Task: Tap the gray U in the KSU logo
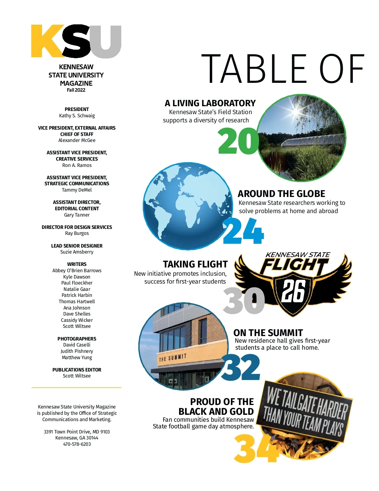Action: [x=106, y=41]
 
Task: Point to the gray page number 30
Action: [x=244, y=301]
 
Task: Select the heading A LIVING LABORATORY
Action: [x=210, y=103]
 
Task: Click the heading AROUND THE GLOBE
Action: [x=281, y=193]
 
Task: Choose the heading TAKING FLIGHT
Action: [x=195, y=264]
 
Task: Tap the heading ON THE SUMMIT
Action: [x=268, y=333]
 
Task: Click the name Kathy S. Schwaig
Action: [x=77, y=116]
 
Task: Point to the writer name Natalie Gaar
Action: [x=77, y=289]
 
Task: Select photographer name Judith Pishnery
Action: [x=77, y=351]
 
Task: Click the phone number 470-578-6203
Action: [x=77, y=444]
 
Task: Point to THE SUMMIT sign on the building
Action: [x=173, y=358]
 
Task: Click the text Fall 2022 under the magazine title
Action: [x=76, y=90]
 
